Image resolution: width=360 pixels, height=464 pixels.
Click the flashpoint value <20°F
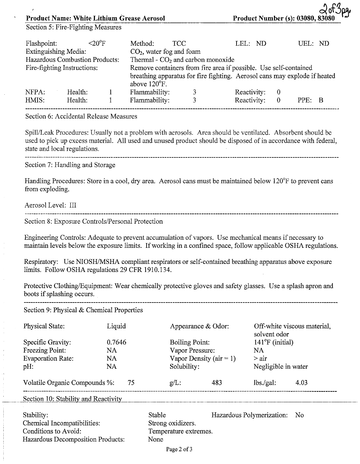pyautogui.click(x=97, y=43)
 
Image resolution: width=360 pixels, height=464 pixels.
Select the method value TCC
pyautogui.click(x=179, y=43)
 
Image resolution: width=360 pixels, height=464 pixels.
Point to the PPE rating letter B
pyautogui.click(x=321, y=100)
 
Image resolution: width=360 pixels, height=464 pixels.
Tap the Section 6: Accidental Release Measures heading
pyautogui.click(x=81, y=117)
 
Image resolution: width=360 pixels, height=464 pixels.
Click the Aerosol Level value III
pyautogui.click(x=73, y=205)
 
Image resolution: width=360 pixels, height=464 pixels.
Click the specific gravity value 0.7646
pyautogui.click(x=116, y=342)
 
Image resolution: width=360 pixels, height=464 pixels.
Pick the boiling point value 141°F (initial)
pyautogui.click(x=273, y=342)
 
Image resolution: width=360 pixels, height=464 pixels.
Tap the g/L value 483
pyautogui.click(x=217, y=383)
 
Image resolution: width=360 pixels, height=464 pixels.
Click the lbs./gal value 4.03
pyautogui.click(x=301, y=383)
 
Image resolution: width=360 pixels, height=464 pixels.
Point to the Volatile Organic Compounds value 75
pyautogui.click(x=131, y=383)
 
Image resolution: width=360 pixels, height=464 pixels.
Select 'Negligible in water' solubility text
pyautogui.click(x=280, y=367)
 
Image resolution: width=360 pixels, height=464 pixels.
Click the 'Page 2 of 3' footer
pyautogui.click(x=179, y=450)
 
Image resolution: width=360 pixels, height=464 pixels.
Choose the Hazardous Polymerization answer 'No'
pyautogui.click(x=299, y=415)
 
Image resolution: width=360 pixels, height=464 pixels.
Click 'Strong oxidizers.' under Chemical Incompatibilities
pyautogui.click(x=172, y=423)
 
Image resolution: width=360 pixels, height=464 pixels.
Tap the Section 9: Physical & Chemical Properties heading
pyautogui.click(x=83, y=310)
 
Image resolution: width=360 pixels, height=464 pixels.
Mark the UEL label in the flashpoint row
pyautogui.click(x=306, y=43)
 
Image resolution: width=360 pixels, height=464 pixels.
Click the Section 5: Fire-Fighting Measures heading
pyautogui.click(x=73, y=27)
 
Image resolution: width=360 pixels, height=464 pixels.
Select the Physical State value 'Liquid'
pyautogui.click(x=116, y=326)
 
